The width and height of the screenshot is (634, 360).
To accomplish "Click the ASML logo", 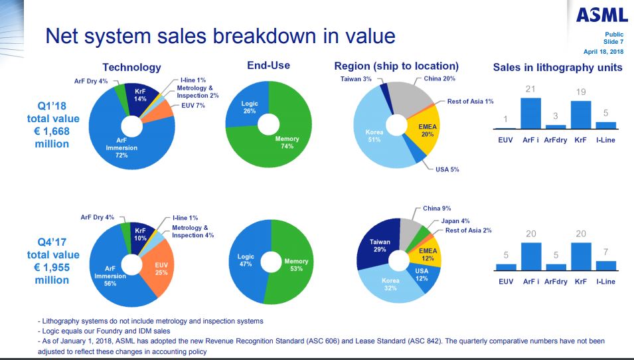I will (x=601, y=14).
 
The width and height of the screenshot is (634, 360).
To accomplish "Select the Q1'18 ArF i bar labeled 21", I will (x=530, y=112).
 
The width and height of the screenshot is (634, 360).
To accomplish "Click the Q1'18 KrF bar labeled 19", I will (x=581, y=114).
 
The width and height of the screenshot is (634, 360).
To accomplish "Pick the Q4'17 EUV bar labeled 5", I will (x=506, y=267).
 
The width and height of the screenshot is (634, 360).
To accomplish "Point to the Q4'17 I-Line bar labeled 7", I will (x=605, y=266).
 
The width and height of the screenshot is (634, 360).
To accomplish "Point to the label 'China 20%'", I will (x=439, y=78).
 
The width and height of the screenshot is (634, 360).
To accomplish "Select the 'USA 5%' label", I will (x=447, y=170).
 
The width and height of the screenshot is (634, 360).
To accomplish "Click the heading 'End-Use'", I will (x=268, y=66).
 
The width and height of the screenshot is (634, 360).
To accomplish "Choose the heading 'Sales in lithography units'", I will (x=557, y=67).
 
